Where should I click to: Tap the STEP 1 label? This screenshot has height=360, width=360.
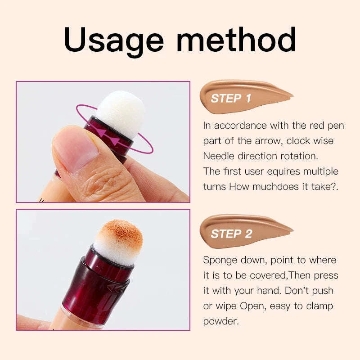click(231, 98)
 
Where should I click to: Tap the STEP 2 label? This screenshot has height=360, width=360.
click(231, 234)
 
